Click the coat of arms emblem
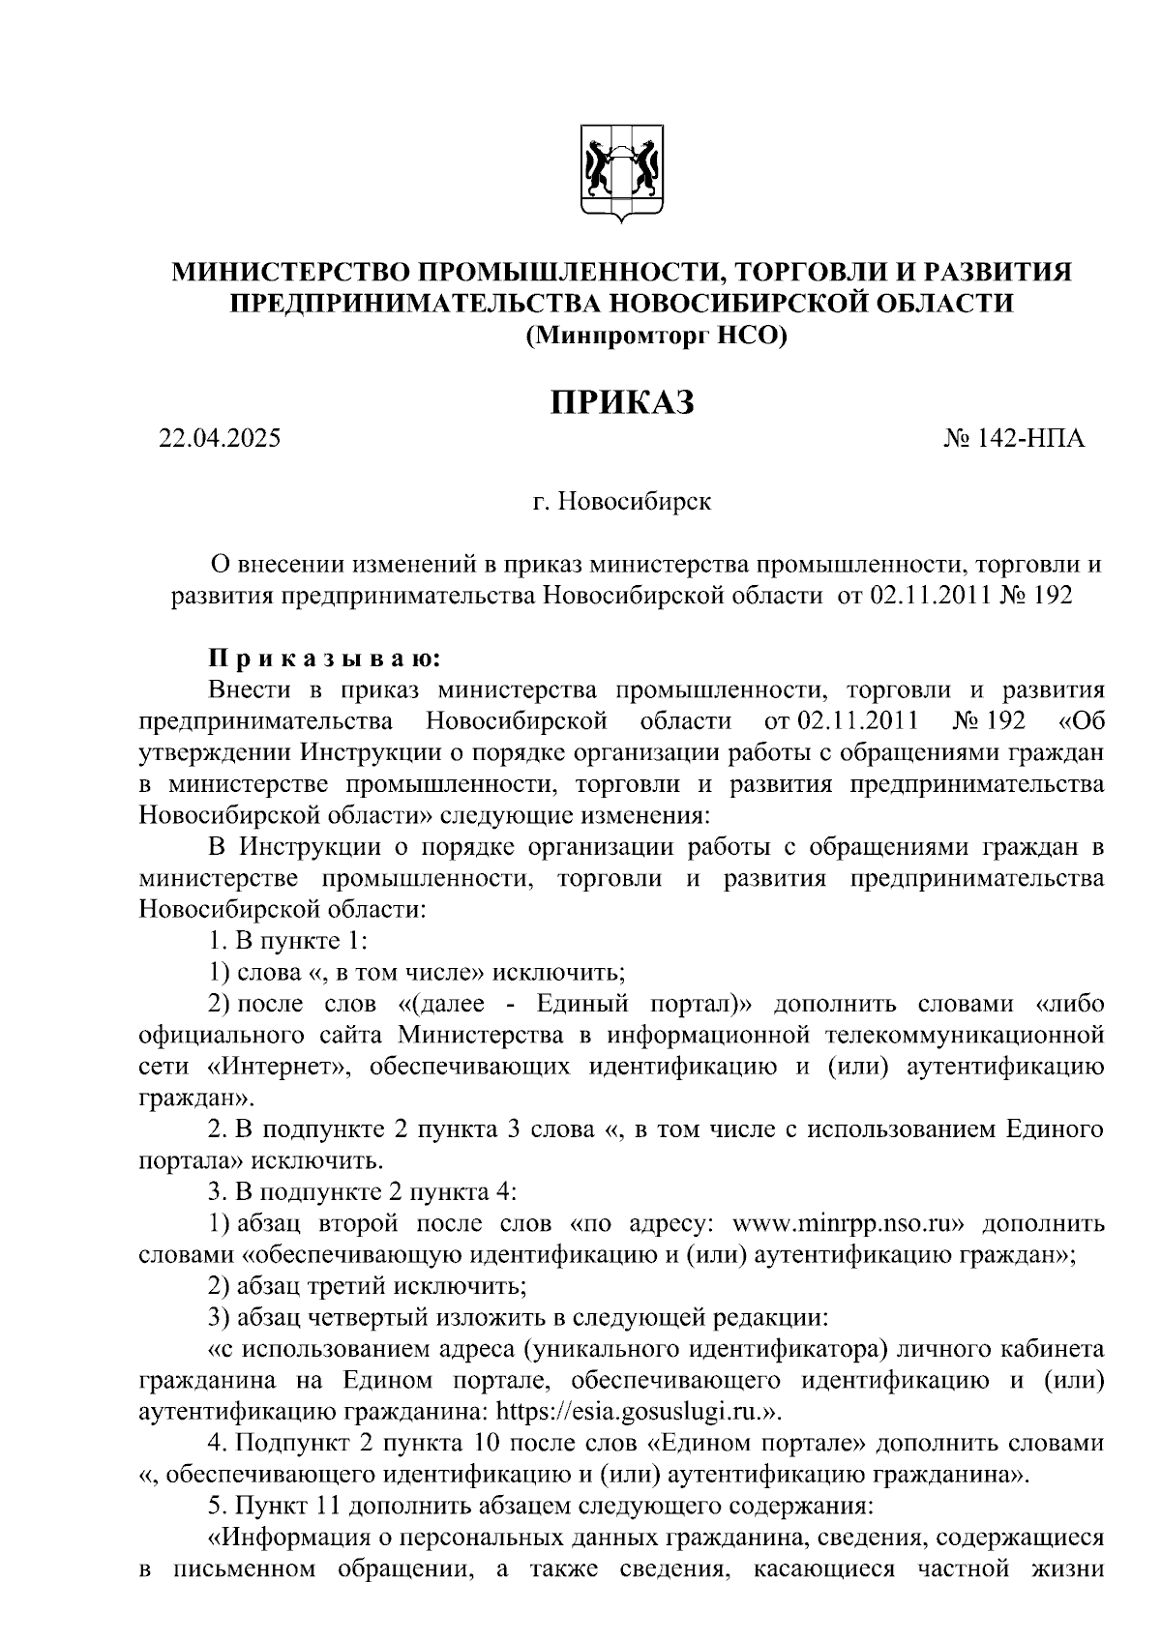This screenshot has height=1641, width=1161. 621,174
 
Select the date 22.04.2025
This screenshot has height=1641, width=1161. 221,438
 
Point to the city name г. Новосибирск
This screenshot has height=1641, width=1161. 621,502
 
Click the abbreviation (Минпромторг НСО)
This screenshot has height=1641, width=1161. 656,336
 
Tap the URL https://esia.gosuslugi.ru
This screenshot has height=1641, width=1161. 625,1410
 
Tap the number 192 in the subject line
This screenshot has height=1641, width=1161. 1053,596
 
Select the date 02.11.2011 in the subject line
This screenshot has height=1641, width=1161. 928,596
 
